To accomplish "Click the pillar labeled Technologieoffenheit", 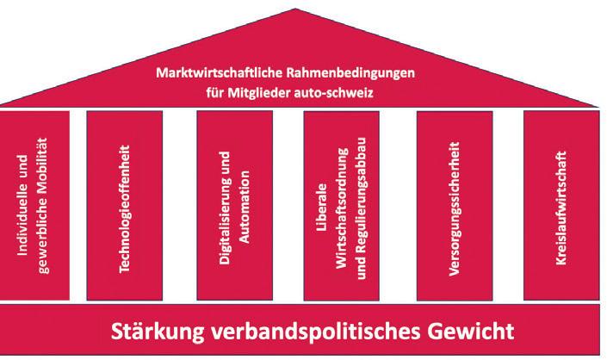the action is pyautogui.click(x=127, y=207).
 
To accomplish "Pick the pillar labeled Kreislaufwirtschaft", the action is pyautogui.click(x=560, y=207).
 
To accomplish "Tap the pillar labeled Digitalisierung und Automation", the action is pyautogui.click(x=236, y=207).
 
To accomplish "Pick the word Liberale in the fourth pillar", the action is pyautogui.click(x=319, y=208).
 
